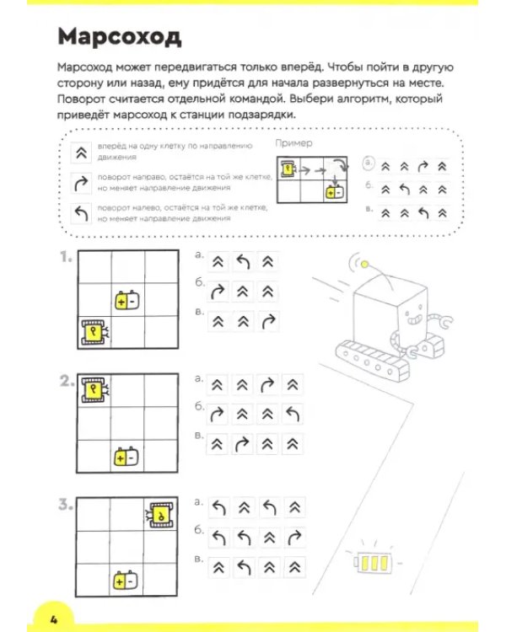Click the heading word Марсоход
point(120,37)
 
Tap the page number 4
point(54,619)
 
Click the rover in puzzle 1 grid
point(95,333)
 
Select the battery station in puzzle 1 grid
point(127,300)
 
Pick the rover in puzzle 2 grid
point(95,390)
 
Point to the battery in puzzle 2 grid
point(126,457)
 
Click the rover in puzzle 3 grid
point(161,514)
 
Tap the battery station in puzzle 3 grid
point(126,581)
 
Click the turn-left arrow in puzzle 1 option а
point(243,262)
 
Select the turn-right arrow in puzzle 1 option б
point(218,292)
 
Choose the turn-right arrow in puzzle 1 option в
point(268,321)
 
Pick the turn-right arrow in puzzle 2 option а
point(267,385)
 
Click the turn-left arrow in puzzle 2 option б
point(293,414)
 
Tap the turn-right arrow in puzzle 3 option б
point(294,537)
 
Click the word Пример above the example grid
point(293,143)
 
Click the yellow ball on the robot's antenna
point(365,265)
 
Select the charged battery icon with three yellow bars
point(373,562)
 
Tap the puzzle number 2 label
point(66,381)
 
